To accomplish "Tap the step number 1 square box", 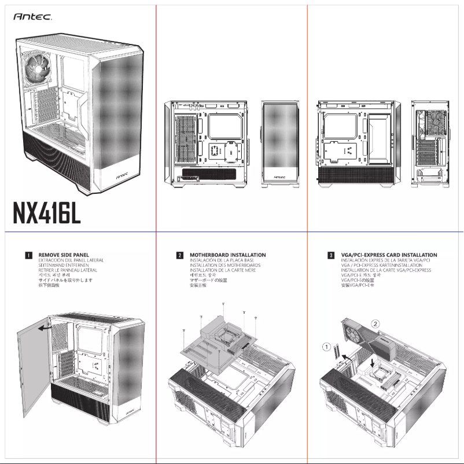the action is [x=28, y=255].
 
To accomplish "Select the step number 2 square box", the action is [x=180, y=255].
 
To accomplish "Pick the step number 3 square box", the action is [x=330, y=255].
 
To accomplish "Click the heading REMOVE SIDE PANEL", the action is [x=64, y=255].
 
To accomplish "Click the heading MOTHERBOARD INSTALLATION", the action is [x=227, y=255].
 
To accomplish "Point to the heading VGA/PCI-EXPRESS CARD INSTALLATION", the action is [x=389, y=255].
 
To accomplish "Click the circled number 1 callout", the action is [x=327, y=347].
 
